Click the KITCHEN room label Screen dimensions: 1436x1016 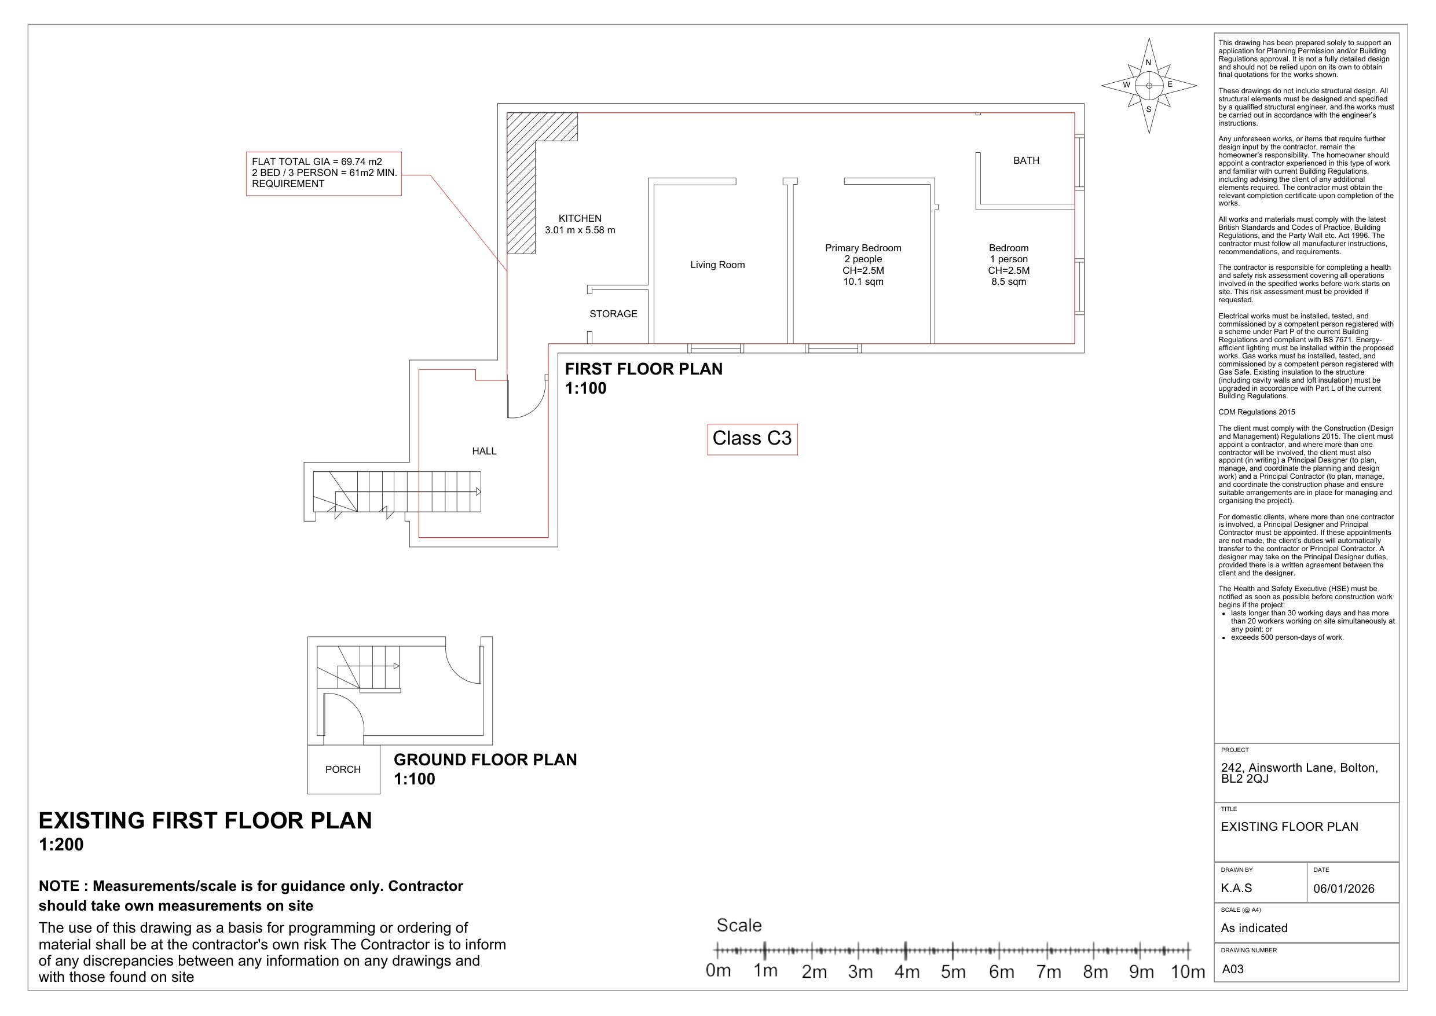click(x=580, y=218)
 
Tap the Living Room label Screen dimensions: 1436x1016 click(x=717, y=265)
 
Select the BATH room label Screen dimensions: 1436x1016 click(x=1025, y=161)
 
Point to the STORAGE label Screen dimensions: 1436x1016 click(x=613, y=314)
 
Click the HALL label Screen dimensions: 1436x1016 click(x=483, y=451)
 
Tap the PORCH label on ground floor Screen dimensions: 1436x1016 click(x=343, y=769)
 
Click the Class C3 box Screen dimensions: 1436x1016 click(x=752, y=439)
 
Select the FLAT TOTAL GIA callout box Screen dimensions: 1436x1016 click(x=324, y=173)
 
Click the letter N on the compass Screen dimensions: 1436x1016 click(x=1148, y=63)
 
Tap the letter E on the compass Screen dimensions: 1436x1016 click(x=1170, y=85)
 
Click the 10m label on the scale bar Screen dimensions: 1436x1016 click(x=1188, y=971)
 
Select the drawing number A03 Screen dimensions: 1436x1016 click(x=1233, y=969)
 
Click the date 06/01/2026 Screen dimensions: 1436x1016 click(x=1343, y=889)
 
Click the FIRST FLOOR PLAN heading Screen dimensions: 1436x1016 click(x=643, y=369)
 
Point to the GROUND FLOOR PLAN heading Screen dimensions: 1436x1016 click(x=485, y=760)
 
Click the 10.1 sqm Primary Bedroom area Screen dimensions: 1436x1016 click(x=863, y=282)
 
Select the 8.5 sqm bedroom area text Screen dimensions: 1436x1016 click(x=1008, y=282)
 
